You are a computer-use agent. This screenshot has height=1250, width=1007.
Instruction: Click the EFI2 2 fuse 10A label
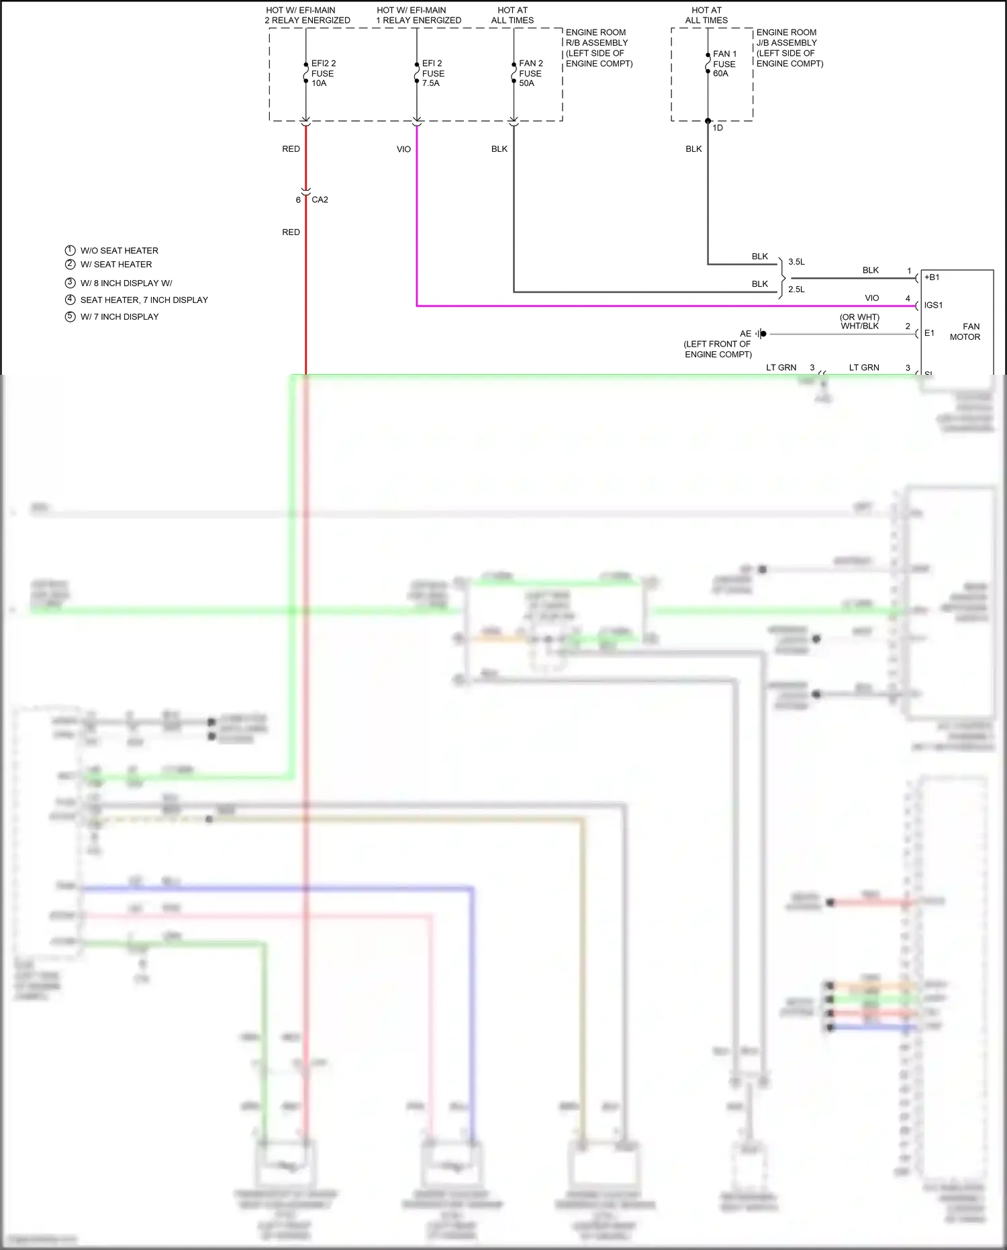[x=323, y=73]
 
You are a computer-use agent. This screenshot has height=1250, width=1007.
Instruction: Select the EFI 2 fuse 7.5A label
[x=433, y=73]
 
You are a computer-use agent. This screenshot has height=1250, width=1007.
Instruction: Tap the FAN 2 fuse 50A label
[x=530, y=73]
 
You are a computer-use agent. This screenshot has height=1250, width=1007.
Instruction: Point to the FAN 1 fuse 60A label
[x=724, y=64]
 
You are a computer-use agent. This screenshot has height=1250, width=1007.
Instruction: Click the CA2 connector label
[x=320, y=199]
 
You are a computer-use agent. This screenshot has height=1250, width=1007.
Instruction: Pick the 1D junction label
[x=718, y=128]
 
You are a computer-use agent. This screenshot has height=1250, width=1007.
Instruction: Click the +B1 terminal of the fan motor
[x=932, y=277]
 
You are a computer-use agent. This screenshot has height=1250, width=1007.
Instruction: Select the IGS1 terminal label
[x=933, y=305]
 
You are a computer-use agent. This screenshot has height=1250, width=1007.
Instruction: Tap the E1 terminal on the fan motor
[x=929, y=333]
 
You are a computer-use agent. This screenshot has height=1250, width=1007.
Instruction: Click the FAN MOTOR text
[x=965, y=332]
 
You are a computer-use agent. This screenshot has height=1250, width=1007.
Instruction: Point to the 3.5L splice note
[x=796, y=262]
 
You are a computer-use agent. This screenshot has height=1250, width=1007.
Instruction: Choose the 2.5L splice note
[x=796, y=289]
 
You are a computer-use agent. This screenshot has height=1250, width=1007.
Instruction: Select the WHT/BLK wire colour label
[x=859, y=326]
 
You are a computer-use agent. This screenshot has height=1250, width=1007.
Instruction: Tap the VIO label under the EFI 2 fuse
[x=403, y=149]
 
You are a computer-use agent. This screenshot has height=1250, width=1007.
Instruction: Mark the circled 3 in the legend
[x=70, y=283]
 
